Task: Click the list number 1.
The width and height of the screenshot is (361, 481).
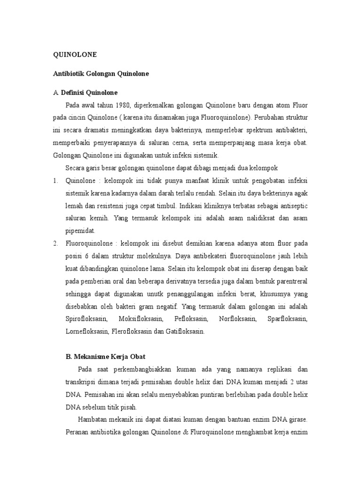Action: [x=55, y=180]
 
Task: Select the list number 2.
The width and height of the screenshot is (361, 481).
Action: [x=55, y=243]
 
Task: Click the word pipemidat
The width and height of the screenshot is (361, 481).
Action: [x=80, y=231]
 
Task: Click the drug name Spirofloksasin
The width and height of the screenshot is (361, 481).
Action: [x=86, y=319]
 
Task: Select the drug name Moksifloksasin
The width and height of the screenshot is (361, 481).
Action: [x=141, y=319]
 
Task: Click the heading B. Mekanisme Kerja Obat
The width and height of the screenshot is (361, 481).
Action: [x=109, y=356]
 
